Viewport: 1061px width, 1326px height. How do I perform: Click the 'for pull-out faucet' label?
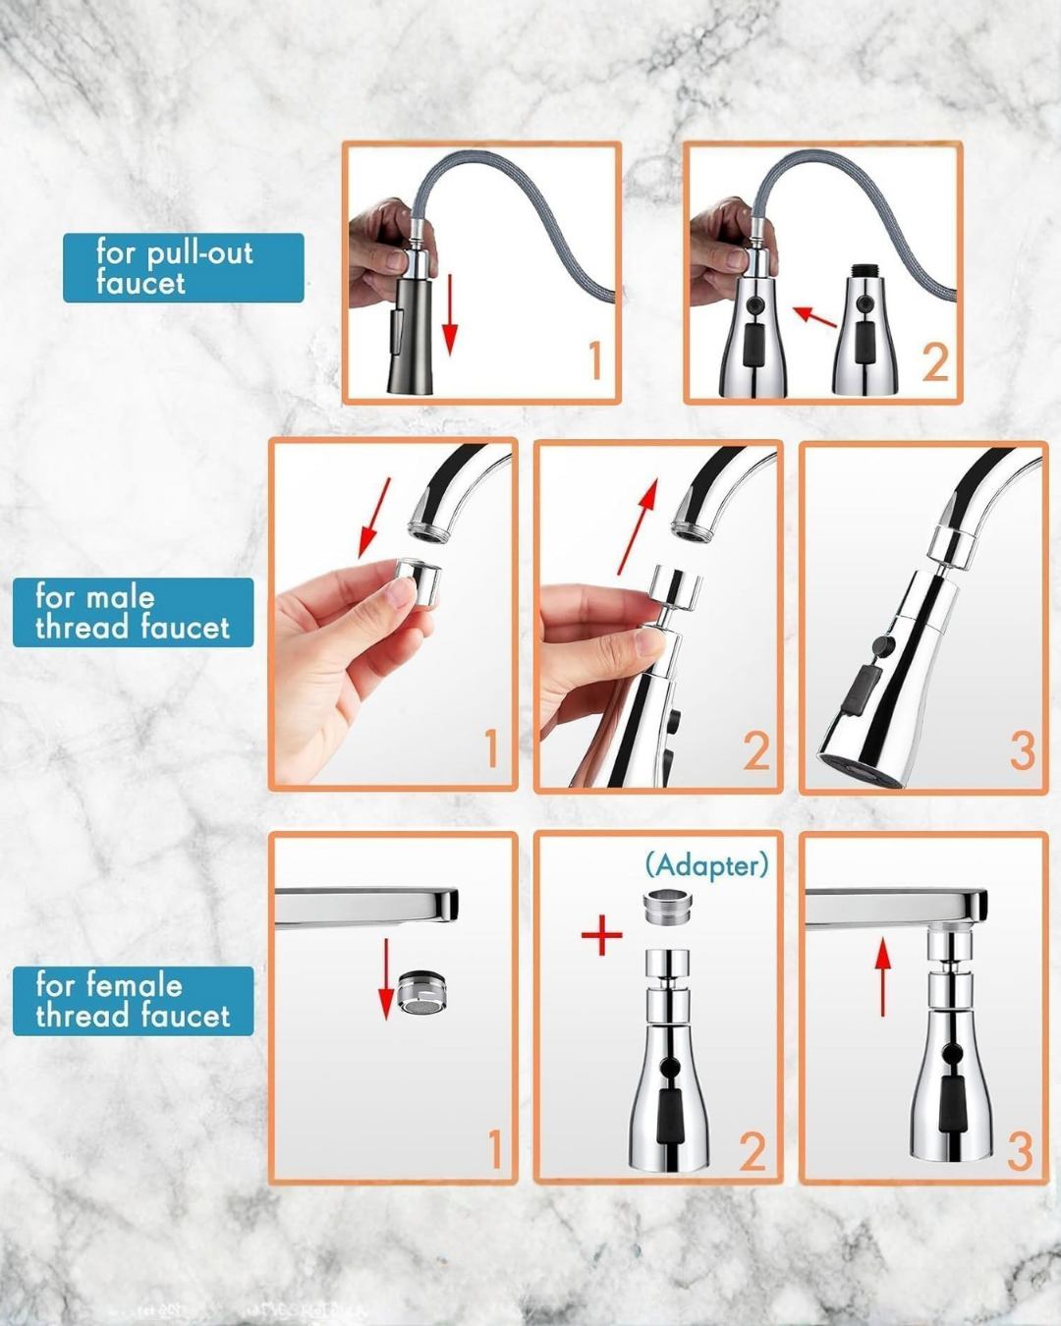183,267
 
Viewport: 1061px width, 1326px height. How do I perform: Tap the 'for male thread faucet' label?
133,612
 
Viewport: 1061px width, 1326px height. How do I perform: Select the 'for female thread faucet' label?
133,1000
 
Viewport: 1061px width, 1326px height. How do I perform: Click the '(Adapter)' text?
706,865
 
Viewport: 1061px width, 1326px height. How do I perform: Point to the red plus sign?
601,935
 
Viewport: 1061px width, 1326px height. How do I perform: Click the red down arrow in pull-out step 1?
449,314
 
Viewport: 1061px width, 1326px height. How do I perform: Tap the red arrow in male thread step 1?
375,517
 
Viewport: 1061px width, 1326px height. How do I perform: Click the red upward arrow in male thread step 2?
637,526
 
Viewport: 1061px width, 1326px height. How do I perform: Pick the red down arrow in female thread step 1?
387,978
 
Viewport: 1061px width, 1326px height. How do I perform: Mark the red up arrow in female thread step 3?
883,976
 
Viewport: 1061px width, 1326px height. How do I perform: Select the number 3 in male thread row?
1022,752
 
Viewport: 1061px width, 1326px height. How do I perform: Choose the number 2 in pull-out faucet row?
934,363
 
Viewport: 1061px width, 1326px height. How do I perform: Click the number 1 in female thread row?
494,1149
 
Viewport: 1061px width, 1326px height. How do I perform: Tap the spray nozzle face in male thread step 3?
857,766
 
